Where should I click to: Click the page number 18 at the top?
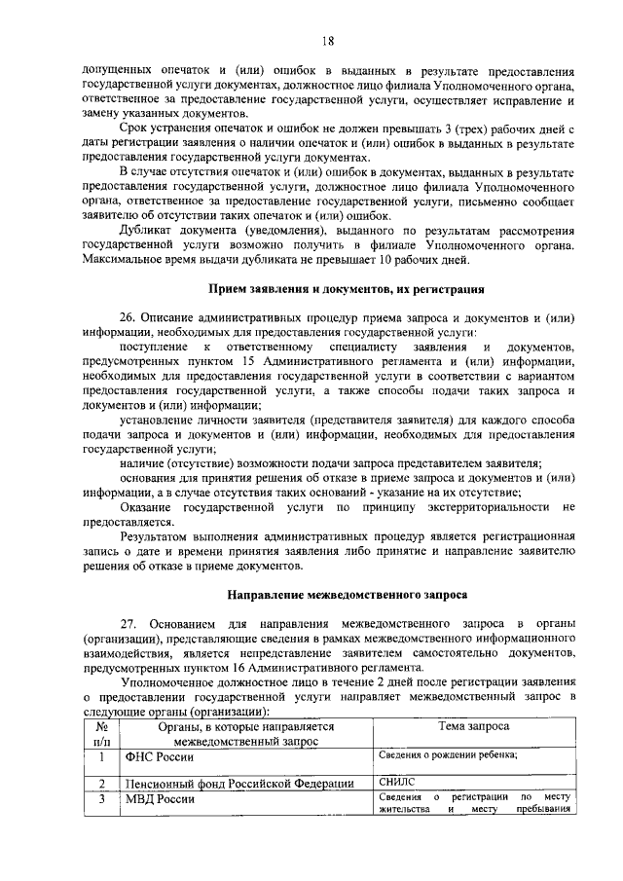click(328, 40)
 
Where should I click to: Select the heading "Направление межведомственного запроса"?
click(348, 593)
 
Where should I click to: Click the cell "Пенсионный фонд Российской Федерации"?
click(238, 783)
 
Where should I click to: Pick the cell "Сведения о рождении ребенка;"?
click(448, 754)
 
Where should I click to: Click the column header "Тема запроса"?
click(473, 727)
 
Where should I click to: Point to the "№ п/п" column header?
click(101, 734)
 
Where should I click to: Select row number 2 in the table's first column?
click(101, 783)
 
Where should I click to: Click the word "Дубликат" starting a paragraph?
click(146, 230)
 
